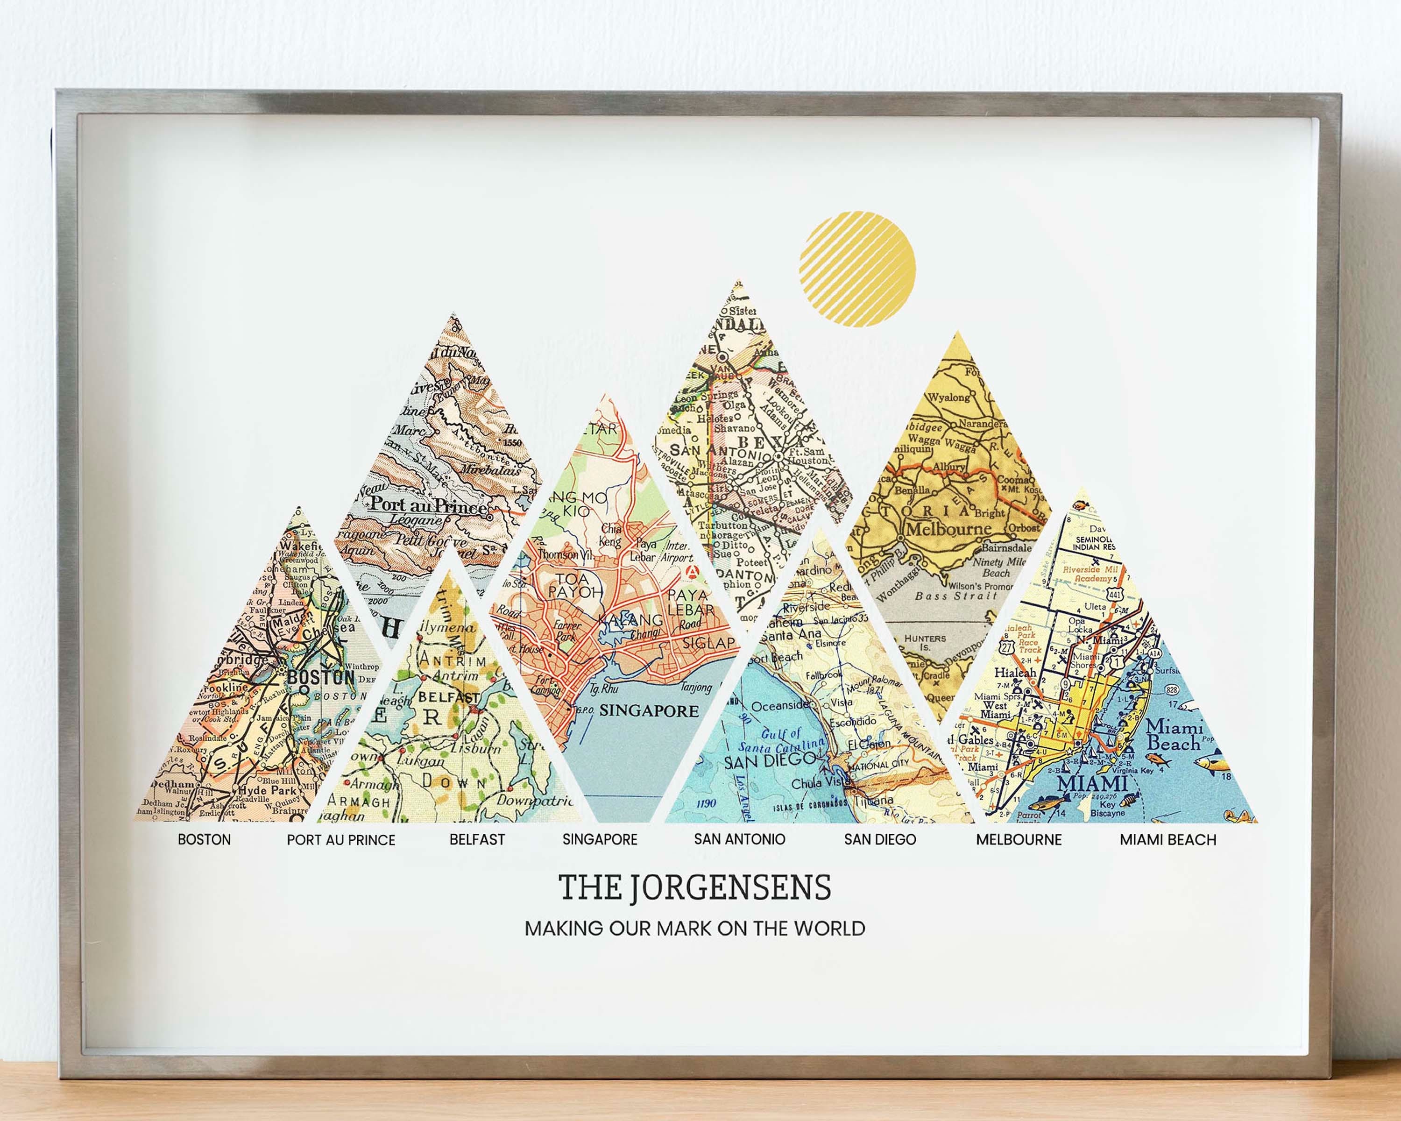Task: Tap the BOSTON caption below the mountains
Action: [204, 840]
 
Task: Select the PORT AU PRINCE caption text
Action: [341, 840]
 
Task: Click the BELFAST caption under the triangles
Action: [477, 840]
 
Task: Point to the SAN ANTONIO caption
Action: [739, 839]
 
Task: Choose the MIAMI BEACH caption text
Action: [1167, 840]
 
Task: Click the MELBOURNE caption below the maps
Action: [1019, 840]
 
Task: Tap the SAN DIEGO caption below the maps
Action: [880, 840]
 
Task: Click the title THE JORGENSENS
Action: [694, 887]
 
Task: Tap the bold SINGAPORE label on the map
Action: [649, 710]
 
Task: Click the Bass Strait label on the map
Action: [955, 595]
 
